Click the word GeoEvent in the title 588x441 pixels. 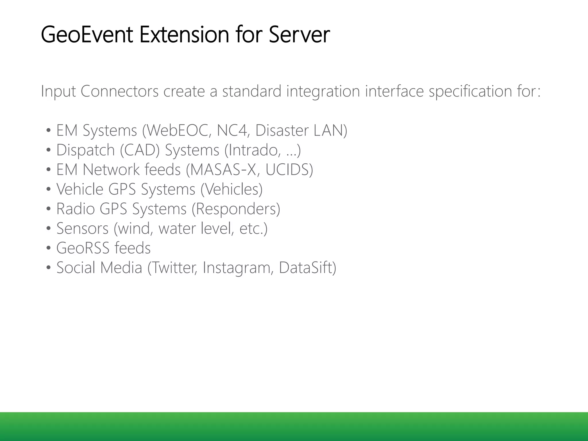pos(87,35)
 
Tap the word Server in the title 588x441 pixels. pos(299,35)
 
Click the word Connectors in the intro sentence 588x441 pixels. pos(119,91)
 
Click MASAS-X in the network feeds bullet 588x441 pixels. pos(223,169)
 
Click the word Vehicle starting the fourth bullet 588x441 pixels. pos(80,189)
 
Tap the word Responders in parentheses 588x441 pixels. pos(236,209)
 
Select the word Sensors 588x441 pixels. pos(82,228)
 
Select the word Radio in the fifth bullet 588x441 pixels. pos(76,209)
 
